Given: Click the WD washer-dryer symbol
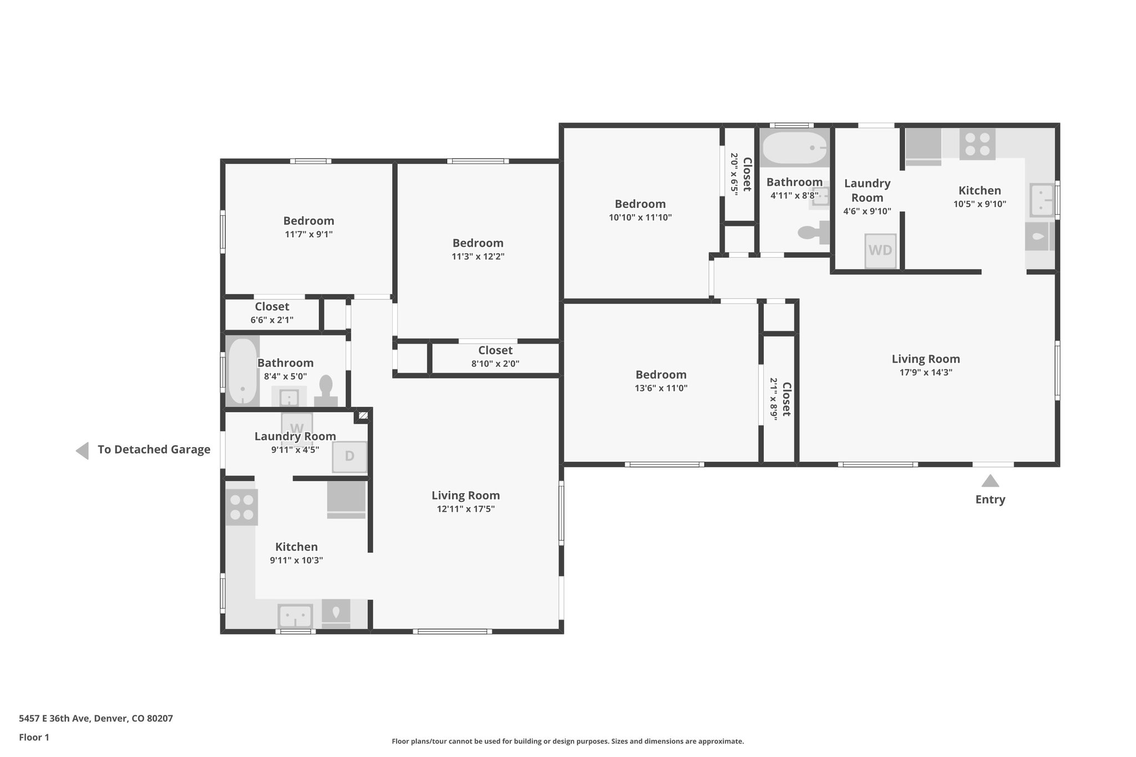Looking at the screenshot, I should tap(880, 251).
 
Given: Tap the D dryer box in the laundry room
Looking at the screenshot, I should tap(349, 456).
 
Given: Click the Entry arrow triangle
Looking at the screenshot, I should tap(990, 481).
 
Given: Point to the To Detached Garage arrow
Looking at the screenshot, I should tap(83, 450).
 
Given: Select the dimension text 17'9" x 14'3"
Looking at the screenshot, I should tap(926, 373).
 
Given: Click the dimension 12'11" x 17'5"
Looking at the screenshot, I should tap(465, 509).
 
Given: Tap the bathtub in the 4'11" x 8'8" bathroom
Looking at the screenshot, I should tap(794, 148).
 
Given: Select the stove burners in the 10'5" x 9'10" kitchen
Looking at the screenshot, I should tap(977, 144).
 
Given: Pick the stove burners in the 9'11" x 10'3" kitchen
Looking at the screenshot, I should tap(242, 507).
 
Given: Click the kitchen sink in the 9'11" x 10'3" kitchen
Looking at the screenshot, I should tap(295, 616).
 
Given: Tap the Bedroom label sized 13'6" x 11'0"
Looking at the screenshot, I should tap(661, 375).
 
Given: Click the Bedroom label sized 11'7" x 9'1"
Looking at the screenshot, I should tap(308, 221).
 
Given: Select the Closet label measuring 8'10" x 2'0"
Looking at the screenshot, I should tap(495, 350).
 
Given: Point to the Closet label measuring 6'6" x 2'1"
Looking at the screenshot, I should tap(272, 307).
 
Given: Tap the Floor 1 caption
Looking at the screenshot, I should tap(34, 738).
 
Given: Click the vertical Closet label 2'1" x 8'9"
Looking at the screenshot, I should tap(786, 399).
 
